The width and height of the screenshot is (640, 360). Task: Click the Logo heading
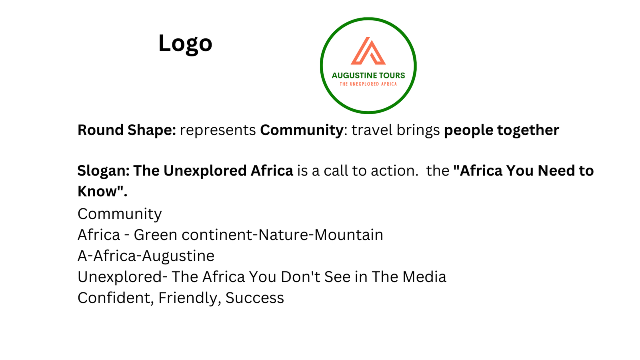tap(185, 44)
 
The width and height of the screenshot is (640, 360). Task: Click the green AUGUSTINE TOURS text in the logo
tap(368, 76)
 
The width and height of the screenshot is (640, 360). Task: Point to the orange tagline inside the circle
tap(368, 84)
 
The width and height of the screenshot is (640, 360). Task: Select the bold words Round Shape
tap(126, 130)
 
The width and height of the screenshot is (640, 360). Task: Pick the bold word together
tap(528, 130)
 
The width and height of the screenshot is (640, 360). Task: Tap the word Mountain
tap(348, 235)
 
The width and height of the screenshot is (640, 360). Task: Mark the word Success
tap(254, 298)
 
